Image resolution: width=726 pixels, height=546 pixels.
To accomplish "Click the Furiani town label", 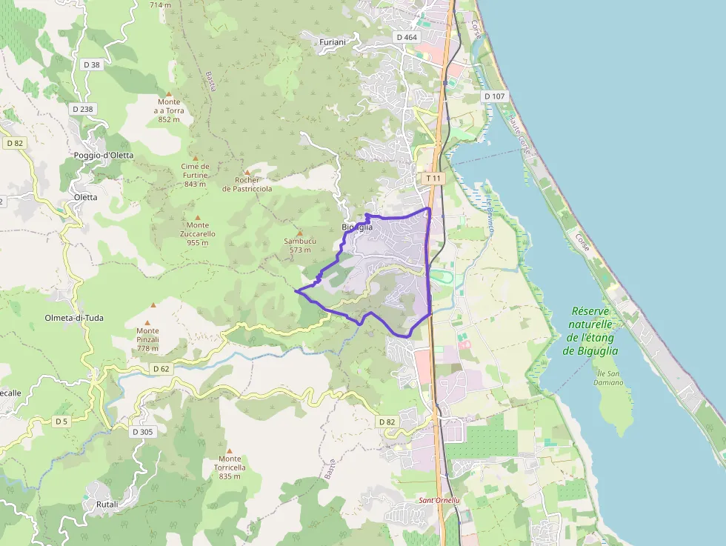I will point(333,42).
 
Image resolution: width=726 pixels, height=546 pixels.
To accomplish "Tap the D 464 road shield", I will point(407,37).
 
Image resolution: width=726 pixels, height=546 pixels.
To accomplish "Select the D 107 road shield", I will point(494,96).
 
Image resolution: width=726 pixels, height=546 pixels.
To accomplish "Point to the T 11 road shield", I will point(433,179).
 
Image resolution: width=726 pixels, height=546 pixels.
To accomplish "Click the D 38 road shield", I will point(92,65).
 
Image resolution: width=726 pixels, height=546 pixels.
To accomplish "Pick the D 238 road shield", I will point(84,109).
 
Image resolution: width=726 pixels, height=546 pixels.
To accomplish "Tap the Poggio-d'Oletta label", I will point(104,155).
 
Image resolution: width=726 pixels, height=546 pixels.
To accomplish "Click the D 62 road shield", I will point(161,368).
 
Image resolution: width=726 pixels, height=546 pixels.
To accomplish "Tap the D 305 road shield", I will point(143,431).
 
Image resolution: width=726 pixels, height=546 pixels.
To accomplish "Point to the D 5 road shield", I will point(61,422).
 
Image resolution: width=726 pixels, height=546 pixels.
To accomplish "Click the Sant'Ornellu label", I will point(439,500).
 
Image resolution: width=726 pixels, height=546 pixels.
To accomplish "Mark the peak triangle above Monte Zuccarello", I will point(198,217).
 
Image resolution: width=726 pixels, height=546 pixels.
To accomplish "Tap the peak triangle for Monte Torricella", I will point(230,450).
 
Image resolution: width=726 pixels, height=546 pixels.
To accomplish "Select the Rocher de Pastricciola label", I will point(247,184).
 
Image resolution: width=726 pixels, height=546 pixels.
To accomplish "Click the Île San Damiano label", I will point(608,378).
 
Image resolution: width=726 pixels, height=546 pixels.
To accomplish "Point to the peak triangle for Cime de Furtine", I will point(196,158).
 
